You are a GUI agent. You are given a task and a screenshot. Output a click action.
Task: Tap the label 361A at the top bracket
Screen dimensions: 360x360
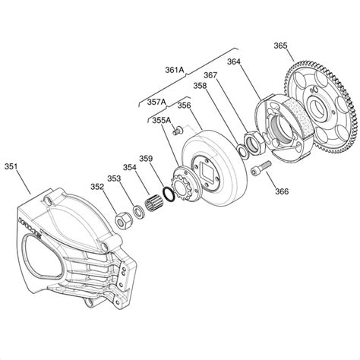(175, 69)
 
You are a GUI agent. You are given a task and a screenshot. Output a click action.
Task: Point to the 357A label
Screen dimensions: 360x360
(157, 100)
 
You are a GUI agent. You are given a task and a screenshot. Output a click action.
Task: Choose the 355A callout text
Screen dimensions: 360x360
(161, 119)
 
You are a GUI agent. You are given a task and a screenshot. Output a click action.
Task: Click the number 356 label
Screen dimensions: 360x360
(185, 106)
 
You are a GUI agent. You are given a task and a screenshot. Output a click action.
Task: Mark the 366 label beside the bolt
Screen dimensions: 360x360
(281, 191)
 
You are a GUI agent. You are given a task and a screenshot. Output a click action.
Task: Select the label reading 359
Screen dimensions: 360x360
(146, 159)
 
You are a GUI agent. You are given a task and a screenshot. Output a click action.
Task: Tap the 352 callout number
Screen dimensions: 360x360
(97, 186)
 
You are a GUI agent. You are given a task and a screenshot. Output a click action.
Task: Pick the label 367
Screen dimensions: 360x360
(210, 74)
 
